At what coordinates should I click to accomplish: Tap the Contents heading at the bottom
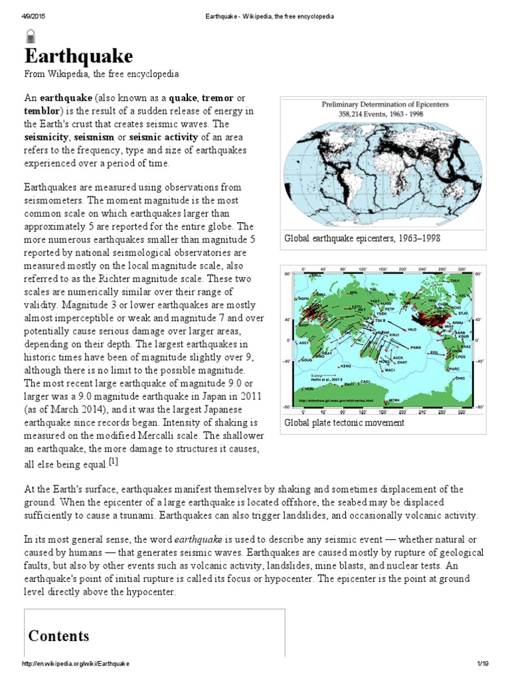tap(58, 636)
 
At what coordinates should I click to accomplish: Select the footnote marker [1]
tap(132, 461)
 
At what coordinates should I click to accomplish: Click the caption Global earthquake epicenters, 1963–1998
tap(362, 238)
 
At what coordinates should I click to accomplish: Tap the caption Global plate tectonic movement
tap(344, 422)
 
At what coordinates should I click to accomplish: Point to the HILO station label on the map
tap(412, 329)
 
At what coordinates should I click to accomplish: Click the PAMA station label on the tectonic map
tap(416, 347)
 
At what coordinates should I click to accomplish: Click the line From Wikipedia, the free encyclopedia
tap(102, 74)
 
